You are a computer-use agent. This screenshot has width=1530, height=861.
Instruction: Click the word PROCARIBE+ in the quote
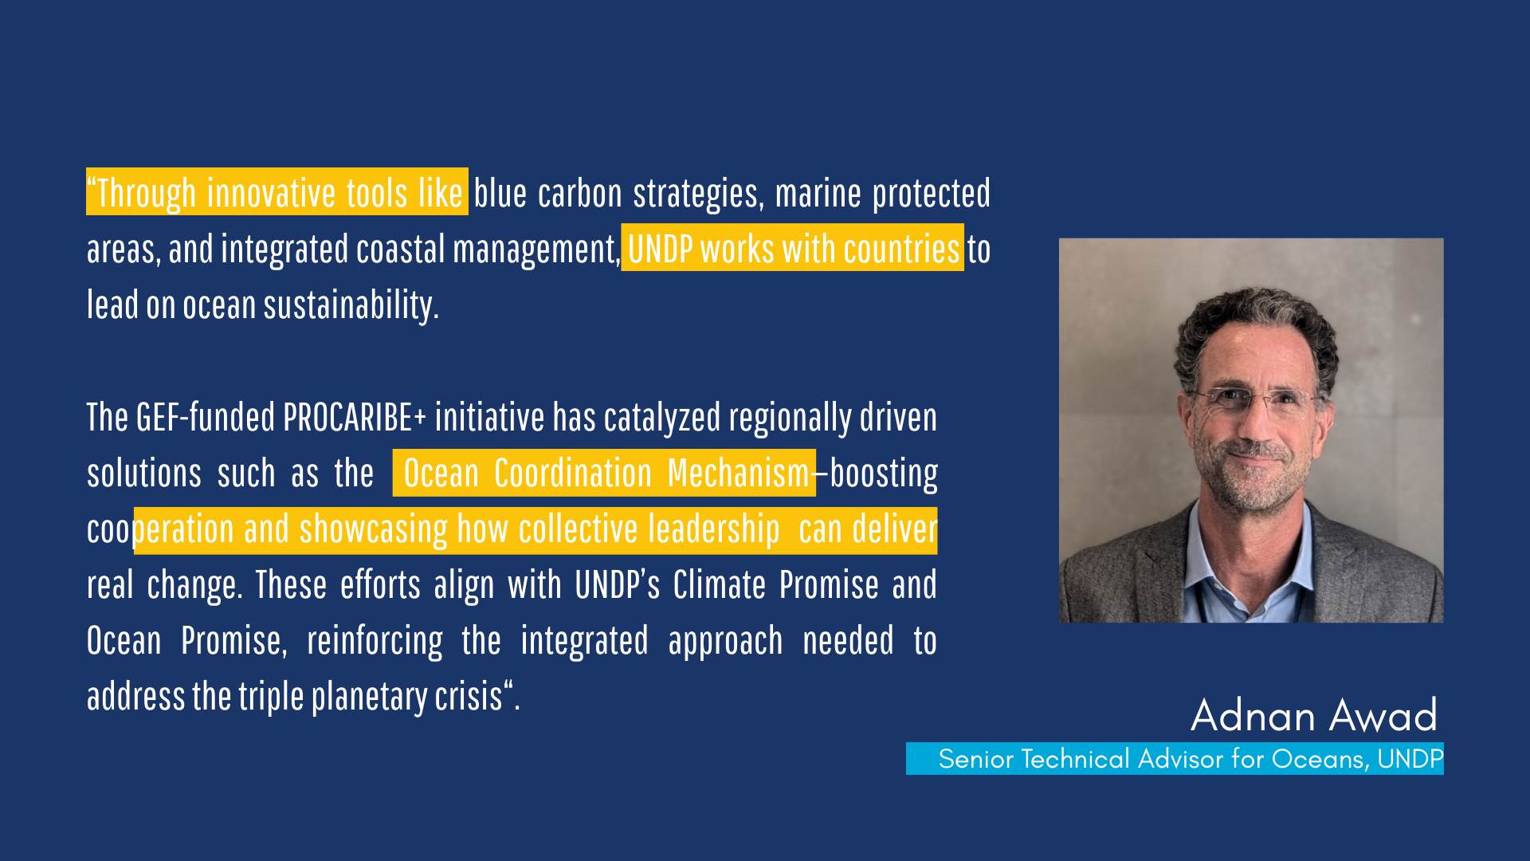(354, 417)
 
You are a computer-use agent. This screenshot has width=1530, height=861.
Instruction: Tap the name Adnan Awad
(1314, 715)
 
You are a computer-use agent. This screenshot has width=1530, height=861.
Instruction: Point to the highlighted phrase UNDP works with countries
(794, 250)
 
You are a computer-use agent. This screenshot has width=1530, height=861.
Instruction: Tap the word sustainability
(351, 306)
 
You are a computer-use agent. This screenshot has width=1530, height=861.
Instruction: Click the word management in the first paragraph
(536, 250)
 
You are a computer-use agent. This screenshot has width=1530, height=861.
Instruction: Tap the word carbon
(580, 194)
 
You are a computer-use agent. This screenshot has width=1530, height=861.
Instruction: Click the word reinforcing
(375, 642)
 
